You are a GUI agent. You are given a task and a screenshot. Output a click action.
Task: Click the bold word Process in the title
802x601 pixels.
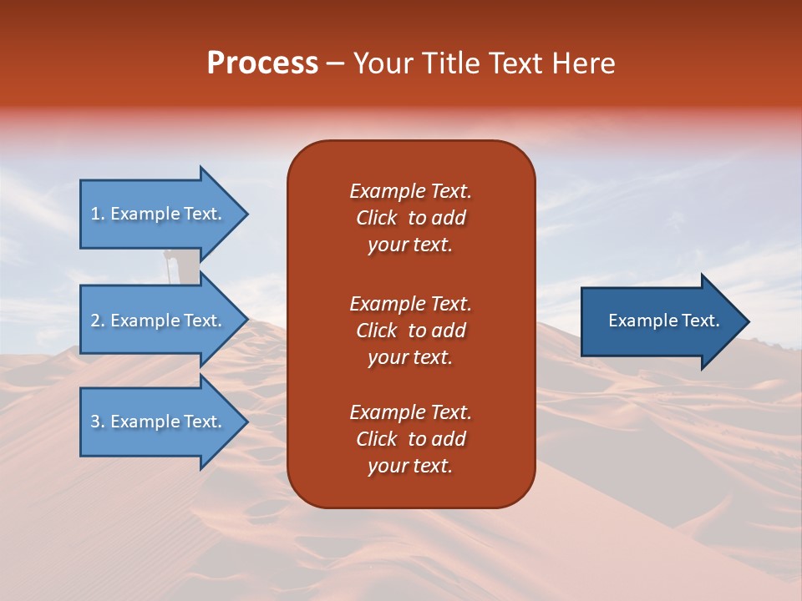click(262, 63)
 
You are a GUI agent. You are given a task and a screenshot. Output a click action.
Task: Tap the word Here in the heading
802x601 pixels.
click(581, 63)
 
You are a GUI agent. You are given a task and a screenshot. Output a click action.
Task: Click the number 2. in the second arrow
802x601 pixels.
click(98, 321)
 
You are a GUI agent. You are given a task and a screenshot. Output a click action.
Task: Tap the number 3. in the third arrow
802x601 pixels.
click(98, 422)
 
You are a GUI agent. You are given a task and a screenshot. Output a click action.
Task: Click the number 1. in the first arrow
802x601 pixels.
click(98, 214)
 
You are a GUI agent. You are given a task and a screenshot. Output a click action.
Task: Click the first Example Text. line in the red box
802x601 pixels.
click(410, 191)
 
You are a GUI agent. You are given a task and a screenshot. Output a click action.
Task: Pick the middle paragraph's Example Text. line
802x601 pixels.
click(410, 304)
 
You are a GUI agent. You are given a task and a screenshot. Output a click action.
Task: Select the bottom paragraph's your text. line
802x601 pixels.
click(410, 467)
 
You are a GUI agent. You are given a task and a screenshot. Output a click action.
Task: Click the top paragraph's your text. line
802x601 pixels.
click(410, 245)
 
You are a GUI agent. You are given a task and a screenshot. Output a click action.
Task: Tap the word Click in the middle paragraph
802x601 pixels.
click(376, 331)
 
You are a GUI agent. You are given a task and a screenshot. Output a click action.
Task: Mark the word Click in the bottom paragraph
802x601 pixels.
click(376, 439)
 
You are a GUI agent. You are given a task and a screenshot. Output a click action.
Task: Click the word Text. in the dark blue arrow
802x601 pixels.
click(700, 321)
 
